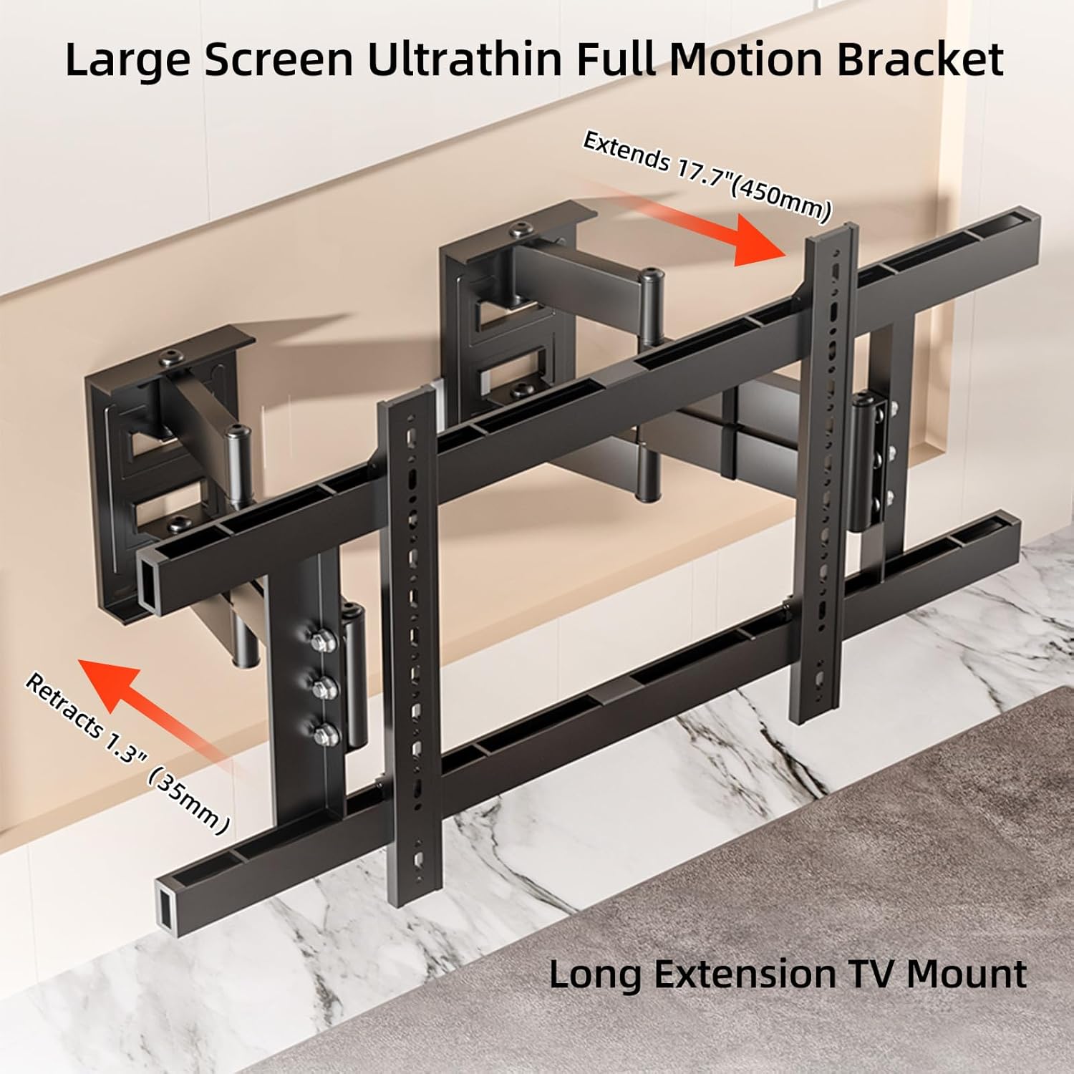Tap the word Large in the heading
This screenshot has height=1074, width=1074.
point(127,61)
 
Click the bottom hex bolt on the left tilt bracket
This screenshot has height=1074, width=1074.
point(326,732)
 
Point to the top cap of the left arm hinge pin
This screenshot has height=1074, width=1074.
point(237,431)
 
